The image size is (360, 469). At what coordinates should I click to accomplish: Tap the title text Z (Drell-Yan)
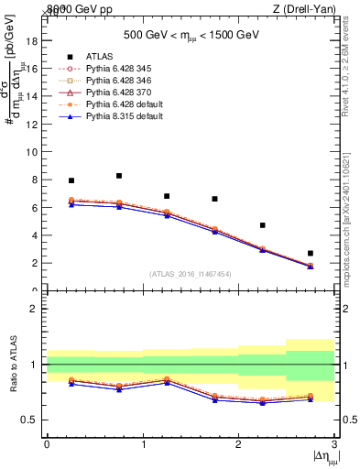point(302,8)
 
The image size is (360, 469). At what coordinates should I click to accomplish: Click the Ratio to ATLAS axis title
point(12,365)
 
